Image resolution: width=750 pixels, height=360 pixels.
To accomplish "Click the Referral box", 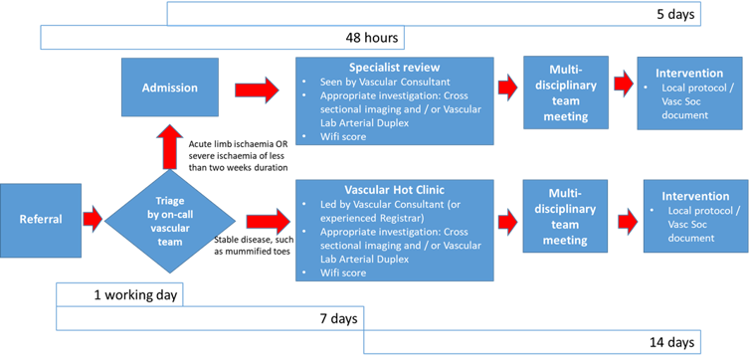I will click(x=40, y=217).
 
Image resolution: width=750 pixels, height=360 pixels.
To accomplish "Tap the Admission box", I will click(x=169, y=88).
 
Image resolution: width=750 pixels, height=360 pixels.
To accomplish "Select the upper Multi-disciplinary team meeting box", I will click(x=558, y=94).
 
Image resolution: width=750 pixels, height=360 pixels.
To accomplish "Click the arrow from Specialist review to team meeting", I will click(x=507, y=88).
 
